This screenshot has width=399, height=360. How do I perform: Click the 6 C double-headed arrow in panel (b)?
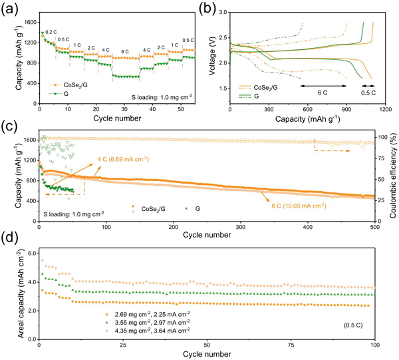click(x=323, y=86)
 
